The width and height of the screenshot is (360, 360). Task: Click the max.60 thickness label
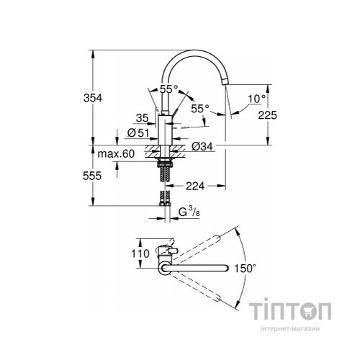[x=116, y=153]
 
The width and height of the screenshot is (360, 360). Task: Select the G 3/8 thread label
[x=185, y=212]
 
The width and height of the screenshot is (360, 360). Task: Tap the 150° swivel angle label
[x=246, y=269]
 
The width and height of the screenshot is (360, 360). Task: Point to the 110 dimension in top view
[x=141, y=253]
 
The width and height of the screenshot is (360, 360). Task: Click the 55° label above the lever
[x=168, y=89]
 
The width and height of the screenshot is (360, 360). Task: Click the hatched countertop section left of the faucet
[x=152, y=152]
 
